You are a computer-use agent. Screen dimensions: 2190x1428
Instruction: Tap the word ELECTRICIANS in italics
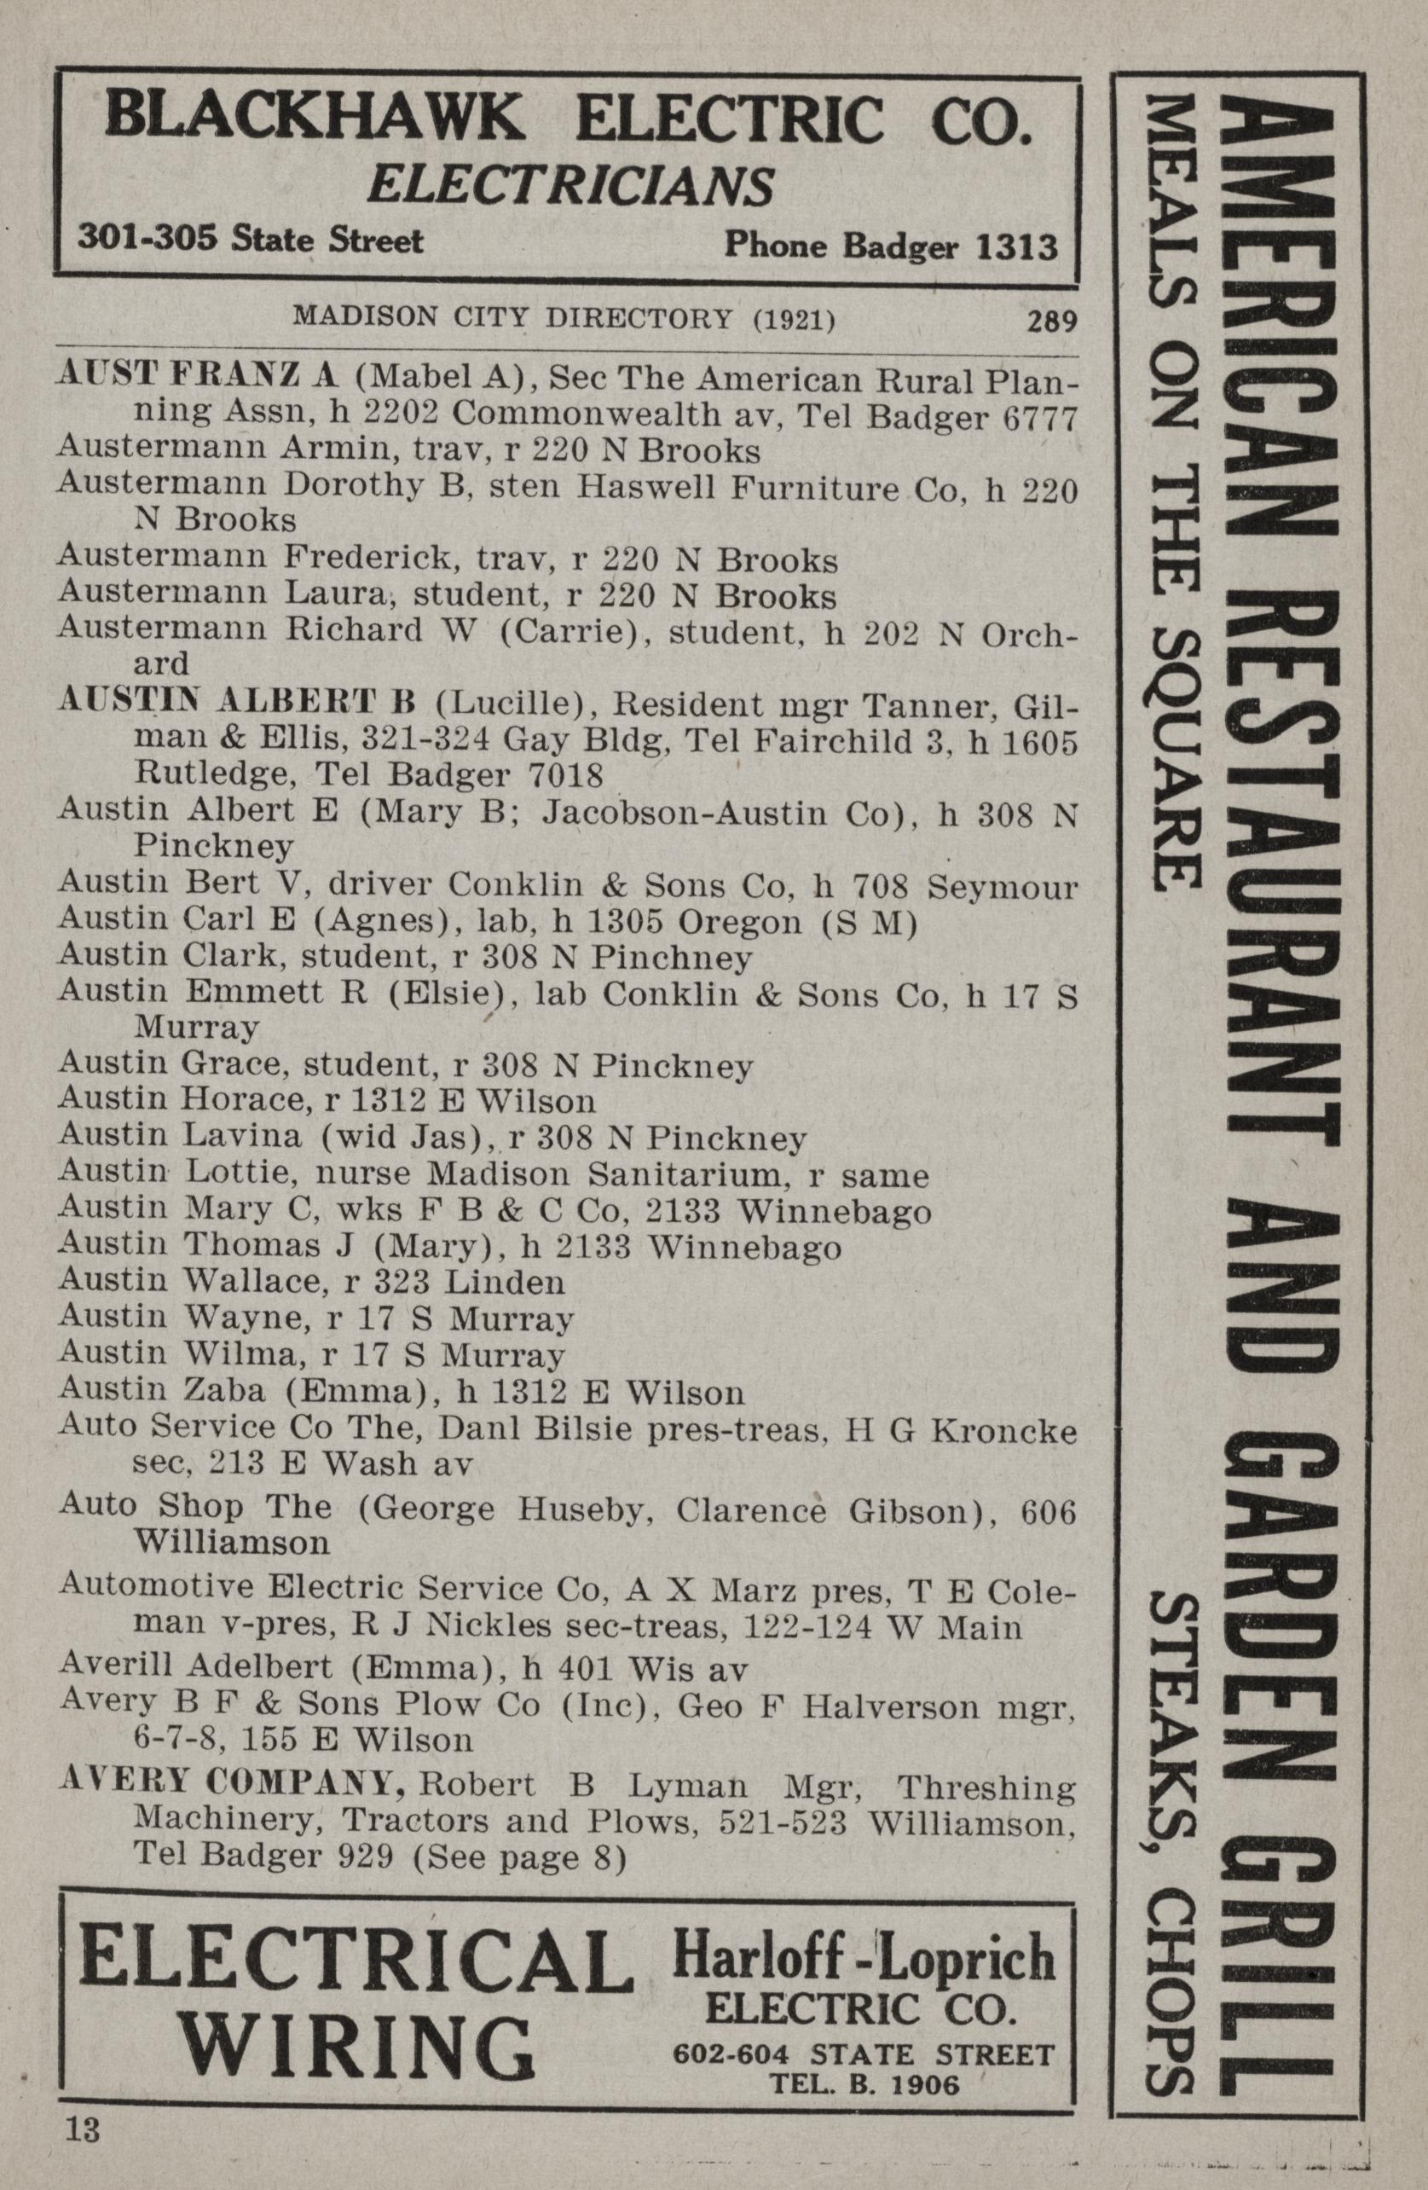(569, 186)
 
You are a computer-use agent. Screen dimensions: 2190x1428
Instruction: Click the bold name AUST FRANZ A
(199, 376)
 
